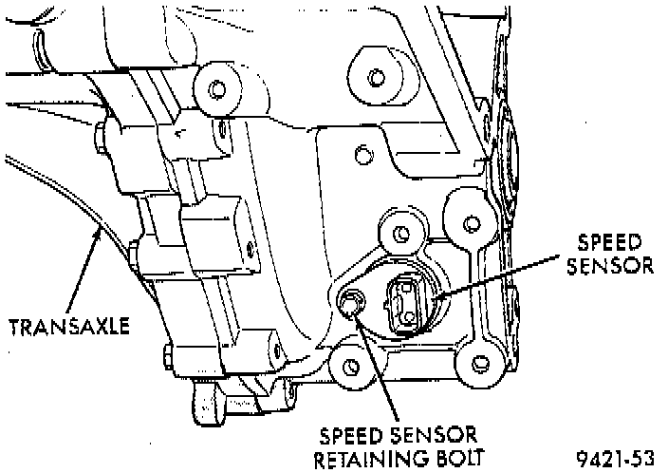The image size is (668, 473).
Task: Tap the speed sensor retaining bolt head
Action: tap(351, 304)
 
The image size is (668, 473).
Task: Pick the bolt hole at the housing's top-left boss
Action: tap(217, 90)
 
